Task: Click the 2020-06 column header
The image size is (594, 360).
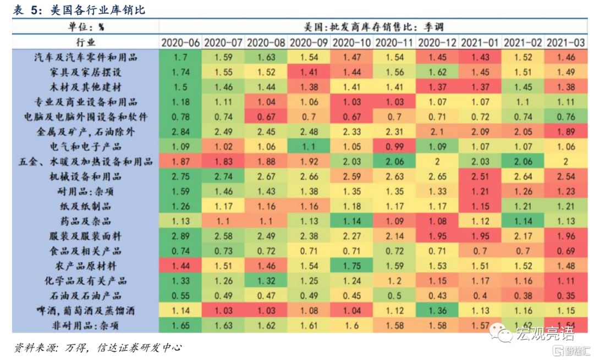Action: pyautogui.click(x=180, y=42)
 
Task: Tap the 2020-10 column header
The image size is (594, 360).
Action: pyautogui.click(x=352, y=42)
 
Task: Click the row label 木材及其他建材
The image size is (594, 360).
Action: pyautogui.click(x=85, y=87)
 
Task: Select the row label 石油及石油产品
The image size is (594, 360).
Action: pyautogui.click(x=85, y=296)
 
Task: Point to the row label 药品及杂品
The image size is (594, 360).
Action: pyautogui.click(x=85, y=221)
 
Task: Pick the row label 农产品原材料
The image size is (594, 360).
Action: pyautogui.click(x=85, y=266)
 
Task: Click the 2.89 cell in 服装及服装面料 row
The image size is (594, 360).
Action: pyautogui.click(x=180, y=236)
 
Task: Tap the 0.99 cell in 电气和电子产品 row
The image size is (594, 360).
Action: pyautogui.click(x=395, y=147)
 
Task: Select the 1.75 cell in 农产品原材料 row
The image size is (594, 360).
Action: pyautogui.click(x=352, y=266)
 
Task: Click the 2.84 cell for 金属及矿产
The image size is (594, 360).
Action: pyautogui.click(x=180, y=132)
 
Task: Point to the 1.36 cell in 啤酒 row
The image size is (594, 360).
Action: pyautogui.click(x=438, y=311)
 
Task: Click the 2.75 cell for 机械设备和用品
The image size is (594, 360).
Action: pyautogui.click(x=180, y=176)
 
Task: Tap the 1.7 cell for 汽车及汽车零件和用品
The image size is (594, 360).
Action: pyautogui.click(x=180, y=57)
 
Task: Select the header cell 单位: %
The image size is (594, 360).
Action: pyautogui.click(x=85, y=26)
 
